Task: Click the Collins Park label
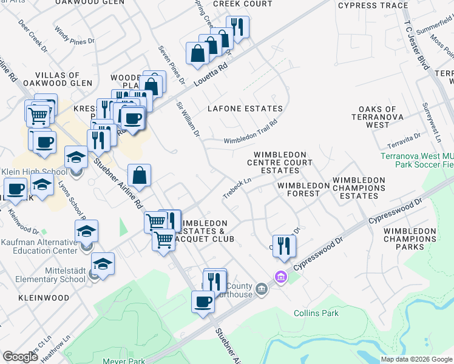point(316,313)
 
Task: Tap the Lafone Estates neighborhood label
point(245,109)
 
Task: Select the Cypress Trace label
point(373,5)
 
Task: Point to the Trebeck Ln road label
point(237,185)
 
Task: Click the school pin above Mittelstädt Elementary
point(103,265)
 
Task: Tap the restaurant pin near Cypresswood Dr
point(284,245)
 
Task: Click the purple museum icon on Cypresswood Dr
point(280,277)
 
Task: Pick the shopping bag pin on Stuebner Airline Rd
point(140,176)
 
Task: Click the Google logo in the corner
point(21,357)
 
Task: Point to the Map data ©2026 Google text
point(416,359)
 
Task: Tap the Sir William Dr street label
point(188,119)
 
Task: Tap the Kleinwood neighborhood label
point(44,298)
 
